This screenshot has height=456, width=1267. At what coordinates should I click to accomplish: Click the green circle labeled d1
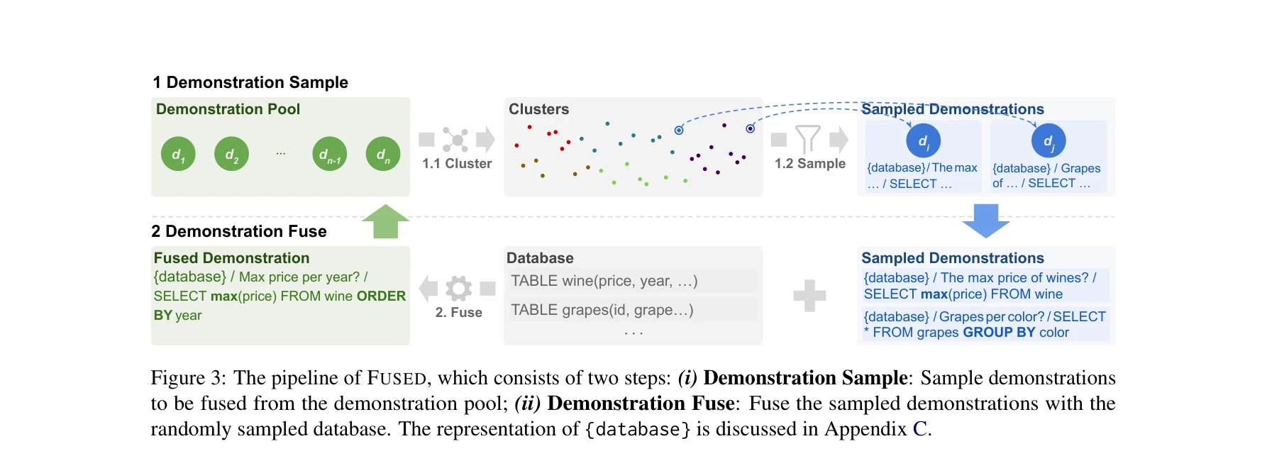[x=178, y=154]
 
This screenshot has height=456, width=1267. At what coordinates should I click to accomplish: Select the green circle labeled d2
[x=231, y=154]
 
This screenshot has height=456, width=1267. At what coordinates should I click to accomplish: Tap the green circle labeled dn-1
[x=329, y=154]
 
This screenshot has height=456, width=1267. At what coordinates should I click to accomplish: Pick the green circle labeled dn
[x=383, y=154]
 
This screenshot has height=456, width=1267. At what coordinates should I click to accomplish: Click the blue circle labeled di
[x=923, y=140]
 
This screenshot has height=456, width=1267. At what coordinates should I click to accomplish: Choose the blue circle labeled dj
[x=1048, y=140]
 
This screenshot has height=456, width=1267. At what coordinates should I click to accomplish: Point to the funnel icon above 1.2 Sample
[x=807, y=139]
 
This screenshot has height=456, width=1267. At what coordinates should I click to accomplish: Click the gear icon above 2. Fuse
[x=458, y=288]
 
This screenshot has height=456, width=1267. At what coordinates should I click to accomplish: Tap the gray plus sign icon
[x=809, y=295]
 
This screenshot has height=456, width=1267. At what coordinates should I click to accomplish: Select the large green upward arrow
[x=385, y=221]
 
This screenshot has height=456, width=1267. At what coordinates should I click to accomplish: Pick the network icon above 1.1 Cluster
[x=455, y=140]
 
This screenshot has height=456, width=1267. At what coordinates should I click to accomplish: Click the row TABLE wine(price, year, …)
[x=604, y=281]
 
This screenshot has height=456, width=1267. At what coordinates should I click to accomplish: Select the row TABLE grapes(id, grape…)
[x=602, y=310]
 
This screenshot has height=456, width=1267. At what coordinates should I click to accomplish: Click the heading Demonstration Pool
[x=228, y=109]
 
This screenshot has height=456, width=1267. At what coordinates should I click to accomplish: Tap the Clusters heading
[x=538, y=109]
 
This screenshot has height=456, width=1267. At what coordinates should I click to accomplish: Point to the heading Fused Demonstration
[x=231, y=258]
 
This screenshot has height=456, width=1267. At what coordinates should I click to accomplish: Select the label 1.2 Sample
[x=809, y=164]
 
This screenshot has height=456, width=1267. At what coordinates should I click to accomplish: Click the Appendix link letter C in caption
[x=919, y=429]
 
